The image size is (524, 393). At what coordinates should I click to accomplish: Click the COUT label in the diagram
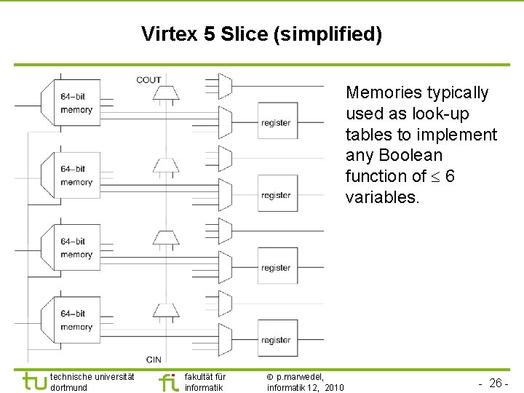tap(148, 80)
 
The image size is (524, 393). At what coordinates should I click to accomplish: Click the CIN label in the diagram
tap(154, 359)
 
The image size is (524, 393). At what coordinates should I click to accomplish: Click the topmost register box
tap(276, 123)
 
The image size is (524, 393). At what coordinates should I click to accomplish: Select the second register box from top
tap(276, 195)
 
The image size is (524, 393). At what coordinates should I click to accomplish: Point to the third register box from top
tap(276, 268)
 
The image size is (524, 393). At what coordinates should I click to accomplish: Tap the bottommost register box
tap(276, 340)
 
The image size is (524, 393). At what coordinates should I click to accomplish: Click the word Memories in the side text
tap(385, 92)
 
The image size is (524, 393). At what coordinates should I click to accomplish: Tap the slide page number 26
tap(496, 383)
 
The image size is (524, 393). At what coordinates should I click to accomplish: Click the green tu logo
tap(34, 381)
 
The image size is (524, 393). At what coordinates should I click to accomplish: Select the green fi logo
tap(168, 382)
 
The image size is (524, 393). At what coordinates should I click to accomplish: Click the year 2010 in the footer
tap(336, 387)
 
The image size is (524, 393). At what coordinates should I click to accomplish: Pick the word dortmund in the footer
tap(69, 387)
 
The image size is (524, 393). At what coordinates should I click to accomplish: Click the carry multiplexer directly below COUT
tap(166, 93)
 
